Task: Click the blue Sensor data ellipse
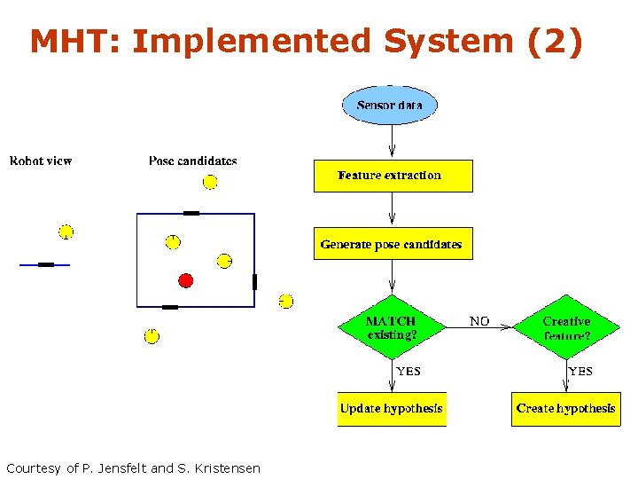click(390, 106)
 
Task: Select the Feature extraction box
click(393, 176)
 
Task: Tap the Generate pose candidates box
click(393, 244)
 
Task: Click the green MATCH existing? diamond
click(391, 327)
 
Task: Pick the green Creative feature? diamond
click(566, 327)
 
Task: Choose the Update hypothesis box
click(392, 409)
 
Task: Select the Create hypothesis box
click(565, 409)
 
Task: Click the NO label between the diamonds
click(479, 321)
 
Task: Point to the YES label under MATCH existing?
click(408, 371)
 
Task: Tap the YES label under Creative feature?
click(580, 371)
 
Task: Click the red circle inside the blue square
click(185, 280)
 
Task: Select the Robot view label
click(41, 161)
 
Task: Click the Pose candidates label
click(193, 161)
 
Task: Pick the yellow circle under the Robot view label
click(66, 232)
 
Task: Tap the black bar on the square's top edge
click(191, 213)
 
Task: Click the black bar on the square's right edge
click(254, 282)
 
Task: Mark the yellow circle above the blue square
click(210, 182)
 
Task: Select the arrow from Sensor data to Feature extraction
click(392, 142)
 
